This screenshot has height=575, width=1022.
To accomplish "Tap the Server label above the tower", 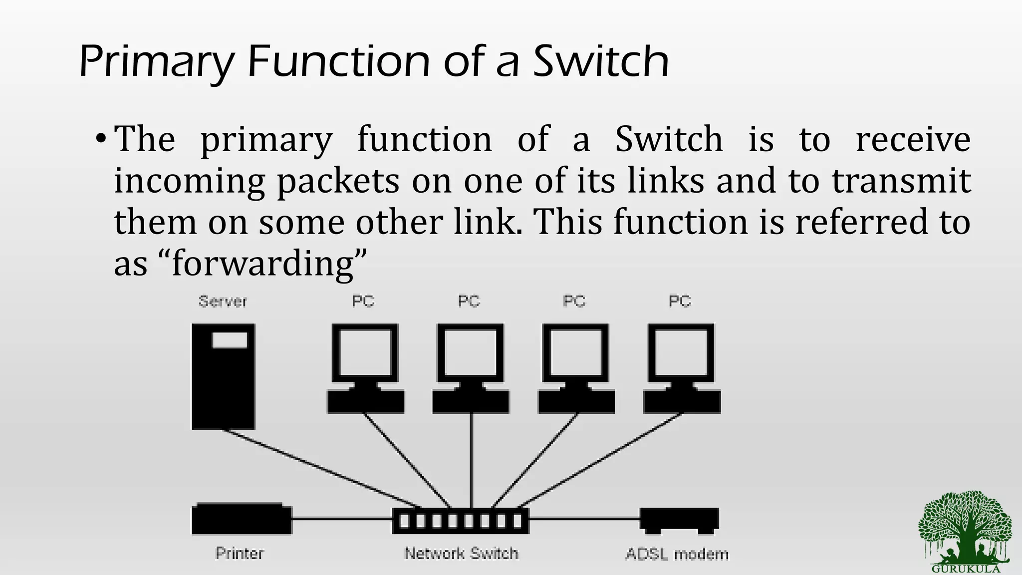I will point(223,301).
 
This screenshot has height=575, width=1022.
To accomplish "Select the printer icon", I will point(242,519).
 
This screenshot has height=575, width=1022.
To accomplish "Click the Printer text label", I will point(240,554).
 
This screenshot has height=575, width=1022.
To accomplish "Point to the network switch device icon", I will point(460,521).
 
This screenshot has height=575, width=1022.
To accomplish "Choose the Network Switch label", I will point(462,554).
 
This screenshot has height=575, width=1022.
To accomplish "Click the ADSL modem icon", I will point(679,520).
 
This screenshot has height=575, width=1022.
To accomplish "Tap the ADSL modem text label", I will point(677,555).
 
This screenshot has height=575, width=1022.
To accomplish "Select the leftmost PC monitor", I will point(365,354).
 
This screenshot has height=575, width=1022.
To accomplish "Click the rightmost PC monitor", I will point(681,354).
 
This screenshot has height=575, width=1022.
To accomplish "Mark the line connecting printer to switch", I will point(342,519).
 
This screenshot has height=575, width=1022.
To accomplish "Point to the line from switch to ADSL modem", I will point(584,519).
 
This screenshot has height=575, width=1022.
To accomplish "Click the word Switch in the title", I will point(601,62).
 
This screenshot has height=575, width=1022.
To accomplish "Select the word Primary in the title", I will point(156,63).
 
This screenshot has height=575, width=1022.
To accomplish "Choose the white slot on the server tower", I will point(230,340).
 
